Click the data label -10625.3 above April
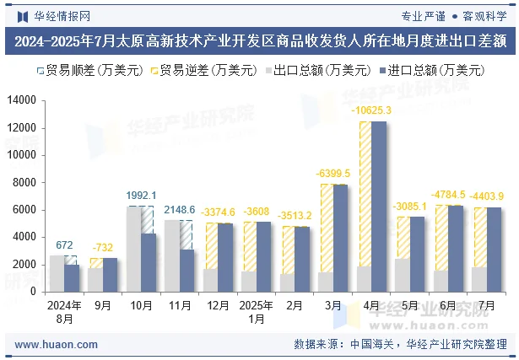(371, 110)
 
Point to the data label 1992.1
(141, 195)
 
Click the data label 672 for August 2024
(64, 244)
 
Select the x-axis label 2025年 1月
(256, 313)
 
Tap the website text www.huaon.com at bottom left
(51, 344)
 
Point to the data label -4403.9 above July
(487, 196)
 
